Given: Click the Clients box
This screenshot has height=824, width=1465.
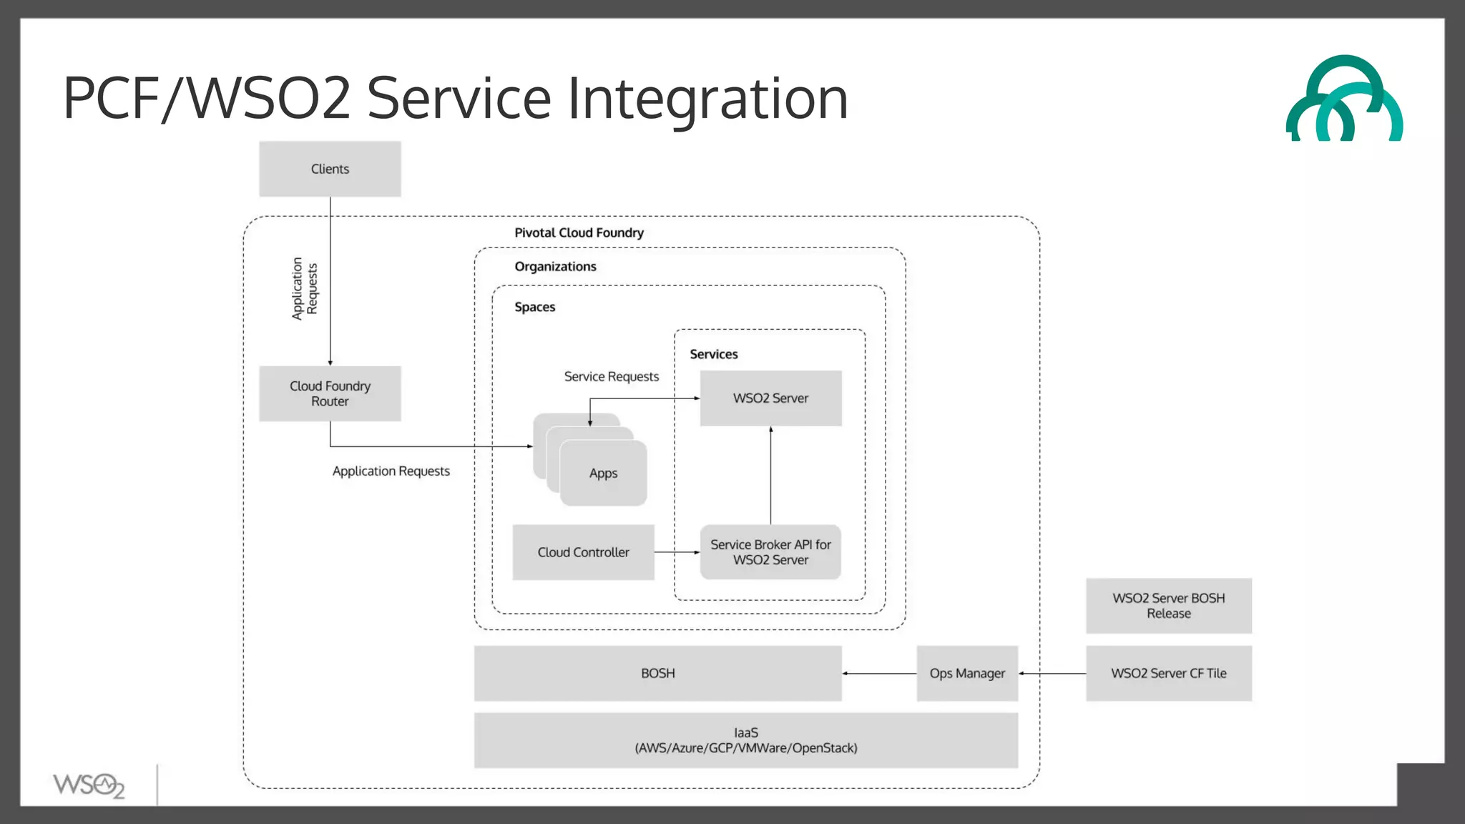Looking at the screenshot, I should pos(330,169).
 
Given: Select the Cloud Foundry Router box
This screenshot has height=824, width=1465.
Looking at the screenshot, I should pos(330,393).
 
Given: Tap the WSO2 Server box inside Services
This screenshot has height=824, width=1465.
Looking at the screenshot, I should pos(770,398).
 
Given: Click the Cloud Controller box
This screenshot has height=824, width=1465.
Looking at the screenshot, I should pos(583,552).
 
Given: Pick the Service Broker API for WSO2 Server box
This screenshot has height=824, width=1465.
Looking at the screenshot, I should pos(770,552).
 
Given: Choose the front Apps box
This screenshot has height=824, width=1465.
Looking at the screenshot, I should pos(603,474).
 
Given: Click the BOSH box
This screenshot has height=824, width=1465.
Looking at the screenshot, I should pos(657,673).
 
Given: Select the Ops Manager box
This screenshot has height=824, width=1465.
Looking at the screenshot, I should pos(967,673).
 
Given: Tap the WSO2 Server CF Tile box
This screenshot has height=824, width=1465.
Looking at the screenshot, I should pos(1168,673).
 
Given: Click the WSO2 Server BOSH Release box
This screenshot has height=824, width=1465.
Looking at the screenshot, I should pos(1168,606).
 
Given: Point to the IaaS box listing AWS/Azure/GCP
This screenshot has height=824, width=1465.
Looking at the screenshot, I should pos(745,740).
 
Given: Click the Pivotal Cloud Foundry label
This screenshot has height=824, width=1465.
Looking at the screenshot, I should pos(579,233).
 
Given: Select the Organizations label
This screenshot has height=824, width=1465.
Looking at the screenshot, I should pos(555,267).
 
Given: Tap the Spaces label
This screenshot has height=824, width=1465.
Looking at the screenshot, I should pos(534,307).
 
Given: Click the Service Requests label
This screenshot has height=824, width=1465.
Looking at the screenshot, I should pos(611,377).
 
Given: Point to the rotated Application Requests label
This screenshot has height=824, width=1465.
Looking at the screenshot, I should pos(304,289).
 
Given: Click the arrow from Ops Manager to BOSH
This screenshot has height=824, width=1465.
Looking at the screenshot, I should pos(879,673).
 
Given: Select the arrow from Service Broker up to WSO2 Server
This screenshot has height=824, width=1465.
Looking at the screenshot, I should pos(770,476).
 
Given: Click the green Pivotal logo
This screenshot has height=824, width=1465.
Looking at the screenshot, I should pos(1344,100).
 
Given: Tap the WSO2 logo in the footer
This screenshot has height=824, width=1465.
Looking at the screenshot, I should pos(89,785).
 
